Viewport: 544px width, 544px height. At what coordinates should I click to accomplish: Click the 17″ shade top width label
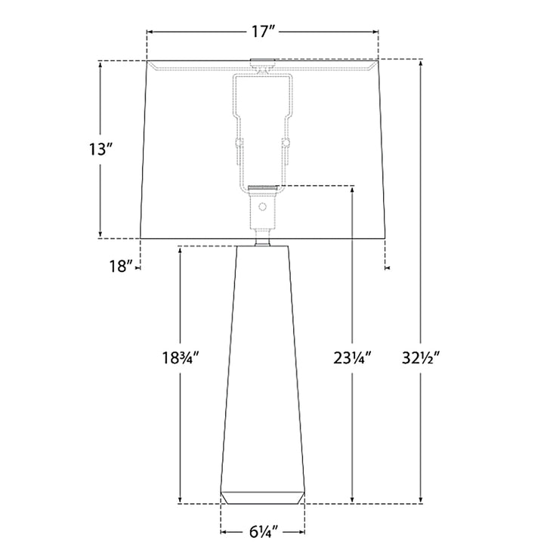(x=263, y=32)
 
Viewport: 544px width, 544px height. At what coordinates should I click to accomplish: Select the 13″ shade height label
(x=101, y=150)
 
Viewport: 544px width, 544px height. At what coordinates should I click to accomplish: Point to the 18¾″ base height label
(x=181, y=357)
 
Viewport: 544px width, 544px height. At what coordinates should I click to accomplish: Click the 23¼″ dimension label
(x=353, y=357)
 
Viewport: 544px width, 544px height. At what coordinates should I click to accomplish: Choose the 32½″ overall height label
(x=421, y=357)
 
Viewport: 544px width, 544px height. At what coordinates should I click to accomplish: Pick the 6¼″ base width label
(x=264, y=531)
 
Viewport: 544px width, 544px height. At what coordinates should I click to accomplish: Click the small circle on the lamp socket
(x=263, y=207)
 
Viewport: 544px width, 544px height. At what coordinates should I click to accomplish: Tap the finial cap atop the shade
(x=263, y=61)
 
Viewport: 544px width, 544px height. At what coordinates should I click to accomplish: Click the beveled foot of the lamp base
(x=263, y=497)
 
